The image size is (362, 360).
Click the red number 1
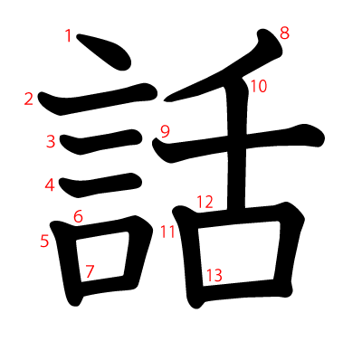point(69,36)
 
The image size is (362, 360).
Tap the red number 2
point(30,99)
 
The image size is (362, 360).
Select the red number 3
point(51,141)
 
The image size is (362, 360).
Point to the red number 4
point(50,185)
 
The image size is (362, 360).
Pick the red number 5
point(44,241)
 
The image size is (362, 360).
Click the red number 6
point(78,216)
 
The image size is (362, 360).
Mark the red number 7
point(90,270)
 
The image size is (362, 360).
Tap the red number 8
point(284,34)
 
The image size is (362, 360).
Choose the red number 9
point(165,131)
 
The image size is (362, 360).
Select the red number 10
point(259,87)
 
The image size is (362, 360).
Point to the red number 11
point(167,231)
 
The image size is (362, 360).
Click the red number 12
point(205,201)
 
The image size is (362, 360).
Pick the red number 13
point(214,274)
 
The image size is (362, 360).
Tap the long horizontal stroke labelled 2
point(100,99)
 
